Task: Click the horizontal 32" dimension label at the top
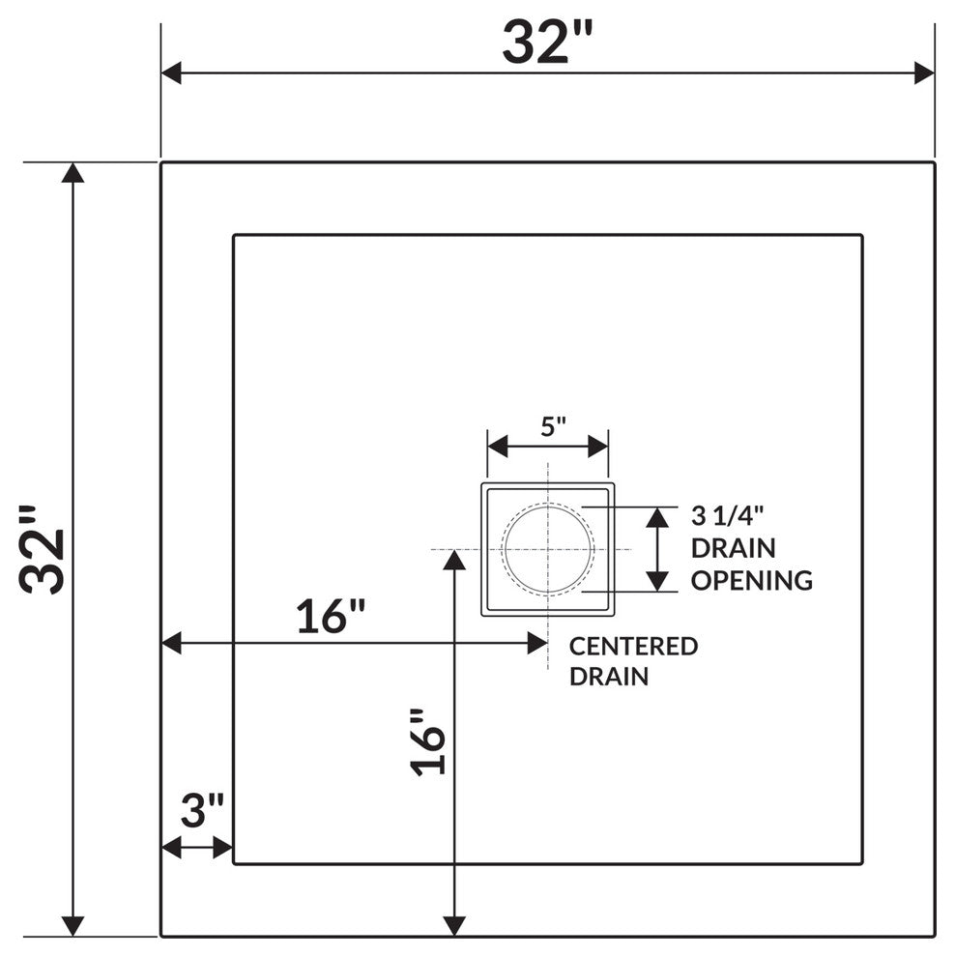click(546, 43)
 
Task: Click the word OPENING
click(751, 580)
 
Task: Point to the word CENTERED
click(633, 646)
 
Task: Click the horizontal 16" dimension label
click(331, 617)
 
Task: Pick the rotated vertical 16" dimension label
click(429, 742)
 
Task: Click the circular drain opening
click(547, 549)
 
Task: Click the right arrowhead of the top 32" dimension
click(924, 72)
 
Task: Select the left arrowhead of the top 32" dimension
click(172, 72)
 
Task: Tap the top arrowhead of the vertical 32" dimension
click(72, 173)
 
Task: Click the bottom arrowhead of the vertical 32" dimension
click(72, 925)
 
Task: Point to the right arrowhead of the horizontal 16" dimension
click(537, 643)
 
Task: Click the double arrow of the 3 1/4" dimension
click(657, 549)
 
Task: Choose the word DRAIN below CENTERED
click(608, 676)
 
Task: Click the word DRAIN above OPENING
click(733, 548)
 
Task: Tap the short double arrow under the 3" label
click(197, 848)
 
